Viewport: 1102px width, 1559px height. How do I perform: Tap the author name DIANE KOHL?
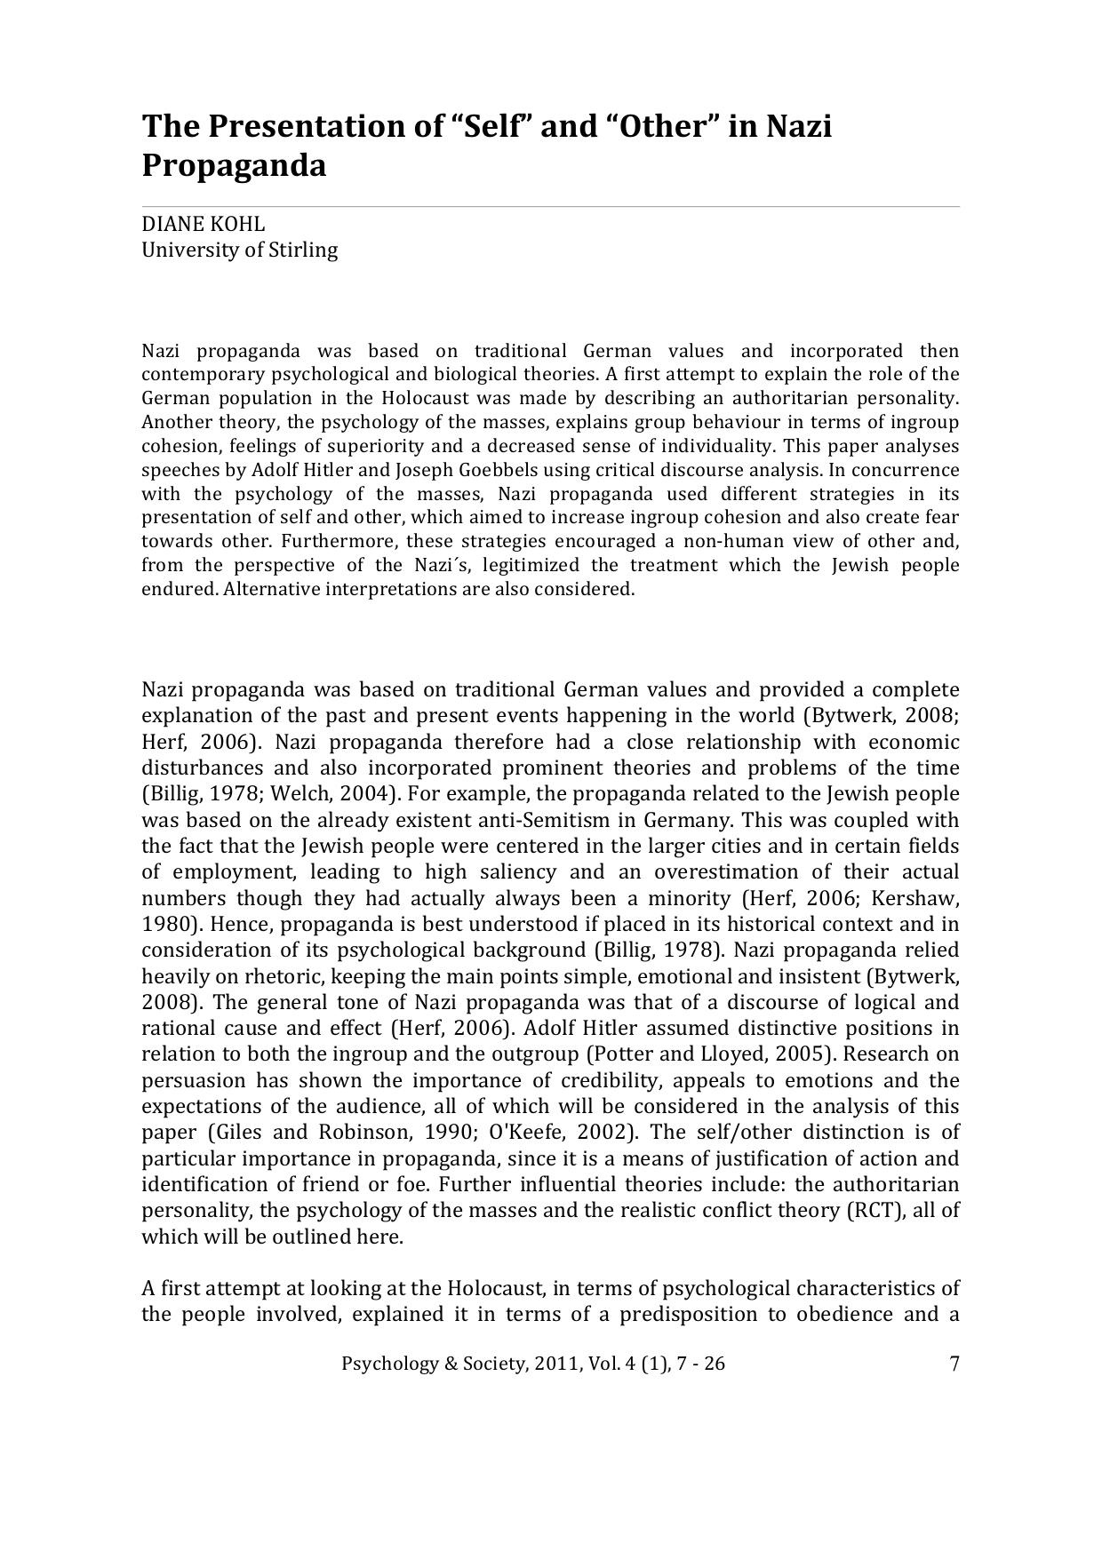pos(204,224)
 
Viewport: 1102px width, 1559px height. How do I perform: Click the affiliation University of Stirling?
pos(240,250)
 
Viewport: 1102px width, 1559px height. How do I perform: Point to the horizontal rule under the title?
pos(551,207)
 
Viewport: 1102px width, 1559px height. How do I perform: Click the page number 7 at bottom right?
pos(954,1364)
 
